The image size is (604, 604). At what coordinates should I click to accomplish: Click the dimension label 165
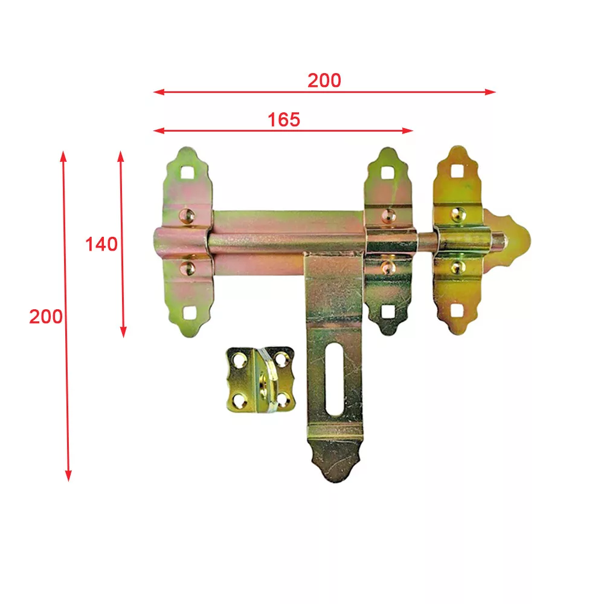coord(284,120)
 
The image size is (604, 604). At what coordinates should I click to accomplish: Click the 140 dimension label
coord(101,244)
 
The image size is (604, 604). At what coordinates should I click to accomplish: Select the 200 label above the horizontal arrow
coord(324,80)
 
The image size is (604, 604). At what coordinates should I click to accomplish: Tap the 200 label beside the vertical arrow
coord(46,316)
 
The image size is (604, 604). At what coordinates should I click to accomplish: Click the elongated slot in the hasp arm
coord(334,379)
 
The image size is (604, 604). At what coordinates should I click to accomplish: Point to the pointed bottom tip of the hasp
coord(335,482)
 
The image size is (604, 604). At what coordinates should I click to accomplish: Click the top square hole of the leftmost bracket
coord(187,172)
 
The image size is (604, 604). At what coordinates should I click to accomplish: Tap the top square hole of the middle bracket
coord(388,173)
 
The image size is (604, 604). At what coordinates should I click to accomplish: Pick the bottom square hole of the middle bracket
coord(388,311)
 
